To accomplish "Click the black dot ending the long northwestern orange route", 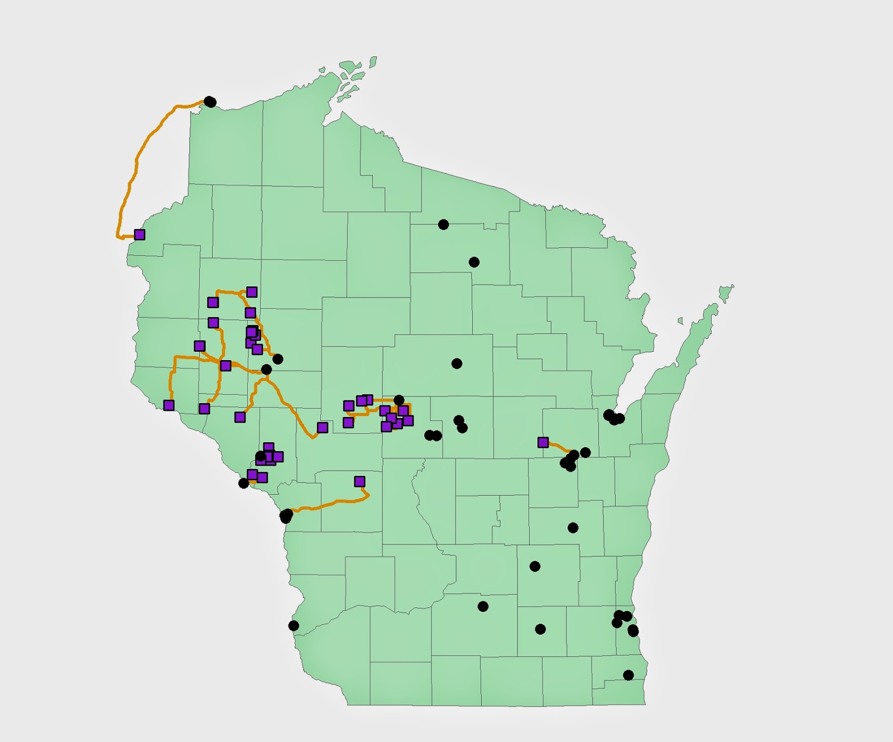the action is click(x=210, y=102).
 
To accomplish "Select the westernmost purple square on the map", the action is click(x=140, y=234).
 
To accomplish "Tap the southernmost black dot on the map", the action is click(x=628, y=675).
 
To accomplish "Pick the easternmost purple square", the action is click(x=543, y=442).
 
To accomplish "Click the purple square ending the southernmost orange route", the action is click(x=359, y=481).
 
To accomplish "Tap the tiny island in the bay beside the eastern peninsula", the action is click(x=680, y=320).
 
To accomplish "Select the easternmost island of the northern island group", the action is click(x=373, y=61).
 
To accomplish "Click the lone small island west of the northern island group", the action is click(x=322, y=70).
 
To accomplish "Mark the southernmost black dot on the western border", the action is click(x=294, y=626).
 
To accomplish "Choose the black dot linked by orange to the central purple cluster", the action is click(x=399, y=400).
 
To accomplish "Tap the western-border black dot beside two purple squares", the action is click(x=244, y=483).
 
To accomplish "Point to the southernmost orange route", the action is click(x=329, y=505).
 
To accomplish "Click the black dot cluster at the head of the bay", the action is click(x=613, y=417).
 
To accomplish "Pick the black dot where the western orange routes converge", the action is click(x=266, y=370).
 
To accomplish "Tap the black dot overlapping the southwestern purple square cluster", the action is click(x=261, y=457).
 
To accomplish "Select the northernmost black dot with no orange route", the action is click(x=443, y=224).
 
